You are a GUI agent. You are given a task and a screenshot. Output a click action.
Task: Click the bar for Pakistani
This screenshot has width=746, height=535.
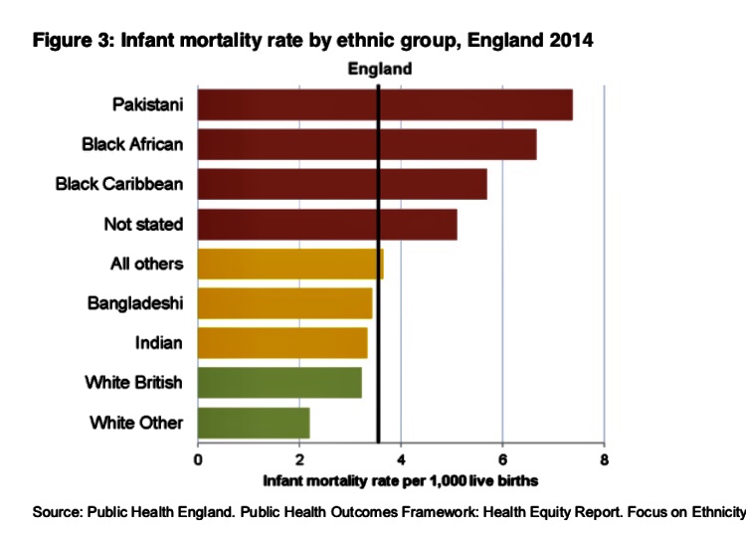pyautogui.click(x=385, y=104)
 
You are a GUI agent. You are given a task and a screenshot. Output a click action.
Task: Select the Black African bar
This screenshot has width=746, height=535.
pyautogui.click(x=367, y=144)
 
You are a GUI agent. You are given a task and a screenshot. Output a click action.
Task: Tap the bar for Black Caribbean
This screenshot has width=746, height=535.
pyautogui.click(x=342, y=184)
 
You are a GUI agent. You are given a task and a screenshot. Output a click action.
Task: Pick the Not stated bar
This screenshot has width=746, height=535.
pyautogui.click(x=327, y=224)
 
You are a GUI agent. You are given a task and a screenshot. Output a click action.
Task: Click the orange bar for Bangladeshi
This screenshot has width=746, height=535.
pyautogui.click(x=285, y=303)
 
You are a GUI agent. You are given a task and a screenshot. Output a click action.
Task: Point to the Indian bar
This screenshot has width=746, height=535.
pyautogui.click(x=282, y=343)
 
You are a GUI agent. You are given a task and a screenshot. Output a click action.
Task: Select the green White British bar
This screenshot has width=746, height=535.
pyautogui.click(x=280, y=383)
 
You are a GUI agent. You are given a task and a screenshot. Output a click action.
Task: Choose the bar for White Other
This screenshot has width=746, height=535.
pyautogui.click(x=254, y=423)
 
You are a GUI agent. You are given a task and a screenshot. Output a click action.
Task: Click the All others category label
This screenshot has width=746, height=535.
pyautogui.click(x=146, y=264)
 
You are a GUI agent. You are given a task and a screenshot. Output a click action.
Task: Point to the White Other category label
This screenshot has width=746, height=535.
pyautogui.click(x=136, y=423)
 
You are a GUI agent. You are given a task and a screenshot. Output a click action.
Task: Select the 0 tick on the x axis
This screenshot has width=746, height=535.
pyautogui.click(x=198, y=459)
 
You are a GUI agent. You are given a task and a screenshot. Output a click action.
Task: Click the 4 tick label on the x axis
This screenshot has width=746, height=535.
pyautogui.click(x=401, y=459)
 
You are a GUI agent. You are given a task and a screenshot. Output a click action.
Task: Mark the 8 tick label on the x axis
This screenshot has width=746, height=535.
pyautogui.click(x=604, y=459)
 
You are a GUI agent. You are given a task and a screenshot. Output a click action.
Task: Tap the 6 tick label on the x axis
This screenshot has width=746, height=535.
pyautogui.click(x=502, y=459)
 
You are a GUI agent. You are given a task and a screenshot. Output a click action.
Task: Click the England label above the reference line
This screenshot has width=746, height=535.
pyautogui.click(x=379, y=70)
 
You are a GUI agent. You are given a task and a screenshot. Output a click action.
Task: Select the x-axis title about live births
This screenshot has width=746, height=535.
pyautogui.click(x=400, y=480)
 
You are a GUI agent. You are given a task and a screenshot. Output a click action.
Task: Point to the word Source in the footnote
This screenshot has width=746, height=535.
pyautogui.click(x=56, y=512)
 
